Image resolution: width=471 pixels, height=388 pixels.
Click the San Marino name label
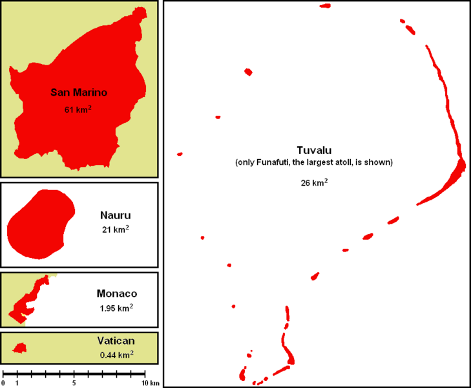79,92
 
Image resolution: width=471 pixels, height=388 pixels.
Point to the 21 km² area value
116,230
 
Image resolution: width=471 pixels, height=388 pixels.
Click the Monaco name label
116,293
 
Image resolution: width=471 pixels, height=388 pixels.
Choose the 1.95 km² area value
116,308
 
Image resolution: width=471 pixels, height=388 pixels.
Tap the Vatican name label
116,341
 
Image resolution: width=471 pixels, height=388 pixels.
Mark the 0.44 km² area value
116,354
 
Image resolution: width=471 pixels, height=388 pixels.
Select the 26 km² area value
314,183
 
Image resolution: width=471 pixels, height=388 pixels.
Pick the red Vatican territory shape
20,348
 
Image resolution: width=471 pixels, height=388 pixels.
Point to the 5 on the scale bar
74,383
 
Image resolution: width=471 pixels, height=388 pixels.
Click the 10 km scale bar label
151,383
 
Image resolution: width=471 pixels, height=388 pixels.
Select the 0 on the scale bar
3,383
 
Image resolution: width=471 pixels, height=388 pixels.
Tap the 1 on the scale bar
17,383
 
